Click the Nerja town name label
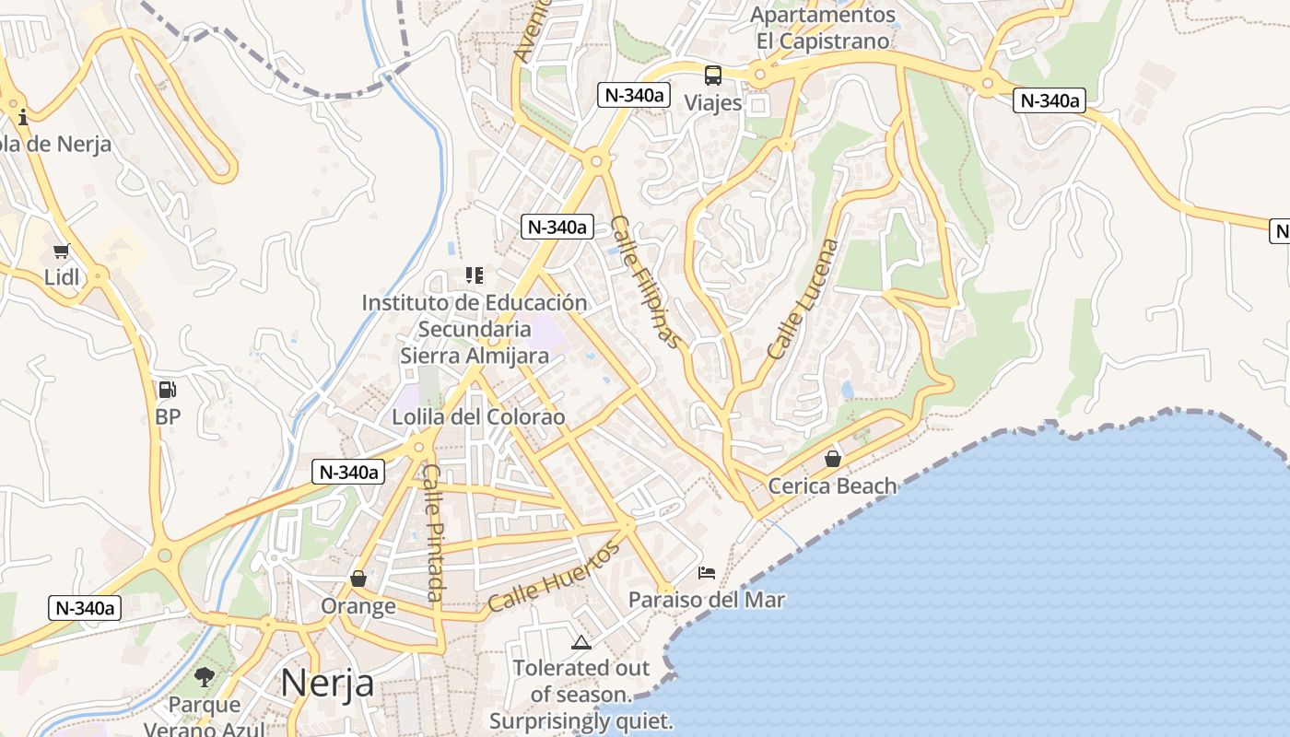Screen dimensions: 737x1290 coord(327,683)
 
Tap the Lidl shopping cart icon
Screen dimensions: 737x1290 coord(62,251)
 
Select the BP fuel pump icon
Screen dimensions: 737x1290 coord(167,390)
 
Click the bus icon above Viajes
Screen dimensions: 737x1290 coord(713,76)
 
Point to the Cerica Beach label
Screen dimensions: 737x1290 coord(832,485)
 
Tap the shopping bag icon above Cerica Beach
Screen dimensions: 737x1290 coord(833,458)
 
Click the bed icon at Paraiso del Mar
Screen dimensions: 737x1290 coord(707,573)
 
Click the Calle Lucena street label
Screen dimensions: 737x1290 coord(803,298)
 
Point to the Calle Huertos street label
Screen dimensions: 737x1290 coord(554,578)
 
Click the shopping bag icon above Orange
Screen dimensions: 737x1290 coord(358,579)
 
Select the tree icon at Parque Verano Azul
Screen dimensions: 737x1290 coord(205,678)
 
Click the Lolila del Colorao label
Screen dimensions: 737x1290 coord(478,416)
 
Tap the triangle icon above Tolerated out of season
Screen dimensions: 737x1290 coord(580,642)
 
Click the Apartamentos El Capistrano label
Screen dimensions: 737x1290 coord(823,28)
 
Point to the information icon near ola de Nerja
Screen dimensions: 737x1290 coord(23,117)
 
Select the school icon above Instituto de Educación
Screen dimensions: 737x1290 coord(475,275)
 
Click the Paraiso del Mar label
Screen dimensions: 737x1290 coord(707,600)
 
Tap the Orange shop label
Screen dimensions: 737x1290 coord(358,606)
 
